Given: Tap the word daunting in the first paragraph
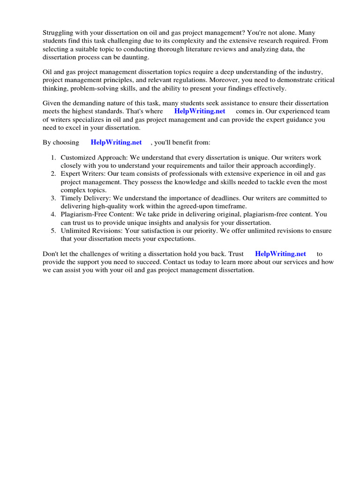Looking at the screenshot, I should (136, 57).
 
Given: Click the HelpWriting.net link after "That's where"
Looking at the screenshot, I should (200, 111).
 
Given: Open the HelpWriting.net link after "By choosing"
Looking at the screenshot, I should (116, 142).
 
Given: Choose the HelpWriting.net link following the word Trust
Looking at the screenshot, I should (280, 254).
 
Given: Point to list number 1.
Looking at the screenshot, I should (53, 158).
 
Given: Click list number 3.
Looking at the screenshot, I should (53, 198).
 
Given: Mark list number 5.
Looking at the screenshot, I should (53, 231).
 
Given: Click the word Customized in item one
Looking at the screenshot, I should (78, 158).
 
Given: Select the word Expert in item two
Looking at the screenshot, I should (70, 174).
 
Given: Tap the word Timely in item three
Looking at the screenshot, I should (71, 198).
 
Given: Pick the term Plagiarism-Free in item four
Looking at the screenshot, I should (83, 214).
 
